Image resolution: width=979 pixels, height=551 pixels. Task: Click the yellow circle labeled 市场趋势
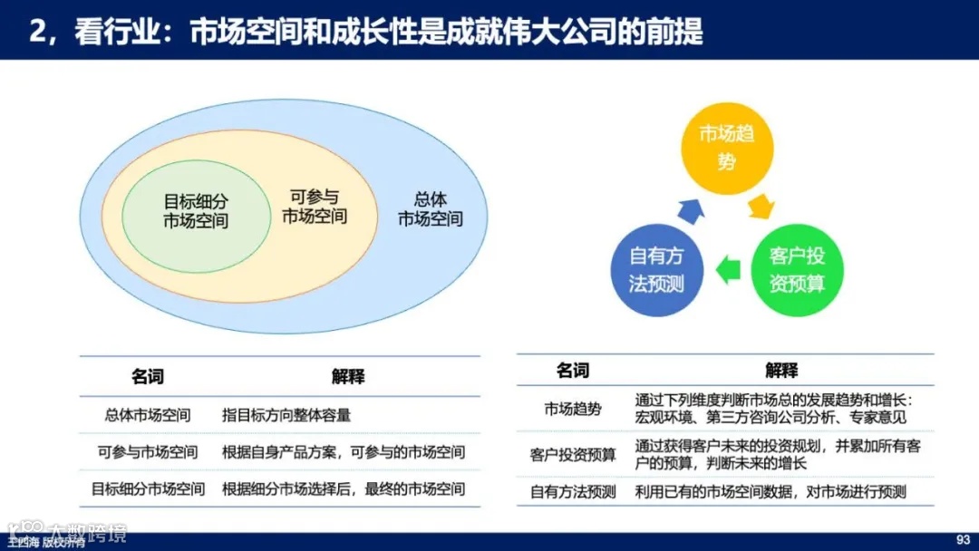(x=727, y=149)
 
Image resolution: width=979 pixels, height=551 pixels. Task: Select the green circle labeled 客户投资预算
(x=797, y=269)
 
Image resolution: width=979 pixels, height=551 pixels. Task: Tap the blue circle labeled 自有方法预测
(x=657, y=269)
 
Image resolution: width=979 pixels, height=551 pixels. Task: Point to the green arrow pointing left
(x=727, y=269)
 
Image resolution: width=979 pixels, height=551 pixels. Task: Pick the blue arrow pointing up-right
(x=691, y=209)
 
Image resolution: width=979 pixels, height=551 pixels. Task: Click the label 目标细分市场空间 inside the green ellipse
(x=196, y=211)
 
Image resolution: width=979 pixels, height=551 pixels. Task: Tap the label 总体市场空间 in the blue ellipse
(x=430, y=209)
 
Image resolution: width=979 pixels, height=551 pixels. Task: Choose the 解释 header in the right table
(x=781, y=370)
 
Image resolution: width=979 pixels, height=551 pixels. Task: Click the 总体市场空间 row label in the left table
(x=148, y=416)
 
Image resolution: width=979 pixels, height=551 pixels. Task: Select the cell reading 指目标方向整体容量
(x=286, y=416)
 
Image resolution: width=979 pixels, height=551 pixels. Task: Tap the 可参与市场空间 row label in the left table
(x=148, y=452)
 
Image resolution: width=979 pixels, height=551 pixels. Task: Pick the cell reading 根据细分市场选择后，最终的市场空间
(x=344, y=489)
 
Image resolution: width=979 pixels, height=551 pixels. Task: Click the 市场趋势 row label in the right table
(x=573, y=409)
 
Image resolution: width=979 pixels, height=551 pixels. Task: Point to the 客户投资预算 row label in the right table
(x=573, y=455)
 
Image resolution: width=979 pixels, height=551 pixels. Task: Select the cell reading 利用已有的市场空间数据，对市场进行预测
(x=771, y=492)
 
